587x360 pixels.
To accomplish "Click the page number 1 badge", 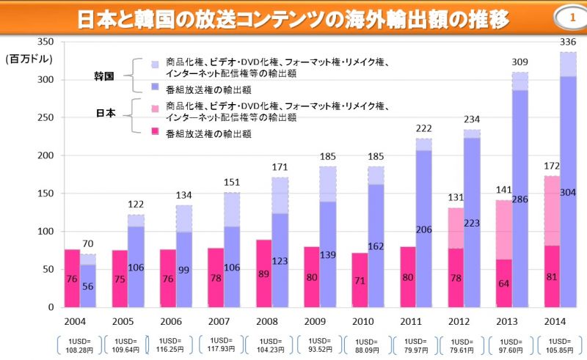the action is (x=572, y=18).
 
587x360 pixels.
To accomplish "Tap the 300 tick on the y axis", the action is (x=45, y=80).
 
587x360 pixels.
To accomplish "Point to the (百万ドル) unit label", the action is (x=29, y=59).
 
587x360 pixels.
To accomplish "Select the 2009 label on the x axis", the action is (x=315, y=321).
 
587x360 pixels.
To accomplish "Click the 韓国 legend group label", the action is (x=104, y=76).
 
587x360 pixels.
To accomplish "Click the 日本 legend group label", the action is (x=106, y=113).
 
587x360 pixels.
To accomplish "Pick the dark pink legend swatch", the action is (x=155, y=131).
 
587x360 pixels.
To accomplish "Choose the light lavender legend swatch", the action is (x=155, y=65).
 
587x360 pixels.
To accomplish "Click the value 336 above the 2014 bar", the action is (x=567, y=42).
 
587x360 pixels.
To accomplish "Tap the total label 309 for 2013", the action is (x=519, y=62).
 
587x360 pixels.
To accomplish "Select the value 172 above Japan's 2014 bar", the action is (x=552, y=166).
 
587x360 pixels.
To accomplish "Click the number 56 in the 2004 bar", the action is (x=87, y=286).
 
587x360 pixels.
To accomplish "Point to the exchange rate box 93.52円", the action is (x=320, y=345).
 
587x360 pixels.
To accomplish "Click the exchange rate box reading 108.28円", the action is (x=79, y=345).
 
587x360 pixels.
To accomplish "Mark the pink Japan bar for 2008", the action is (x=264, y=273).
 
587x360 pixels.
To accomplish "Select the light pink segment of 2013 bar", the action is (x=504, y=229).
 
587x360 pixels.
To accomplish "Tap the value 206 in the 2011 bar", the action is (x=424, y=229).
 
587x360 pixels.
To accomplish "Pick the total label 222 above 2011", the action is (x=423, y=128).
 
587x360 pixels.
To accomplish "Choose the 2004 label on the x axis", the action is (x=75, y=321).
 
